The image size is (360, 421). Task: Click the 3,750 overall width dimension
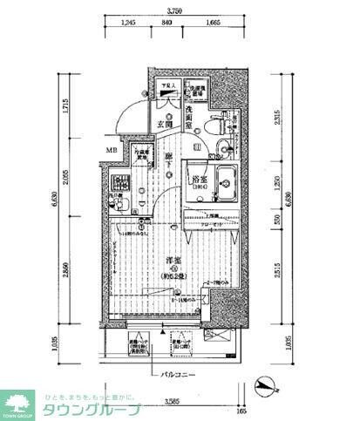click(x=175, y=11)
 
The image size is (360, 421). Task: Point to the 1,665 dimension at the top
click(x=212, y=24)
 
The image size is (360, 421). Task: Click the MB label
click(x=112, y=151)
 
